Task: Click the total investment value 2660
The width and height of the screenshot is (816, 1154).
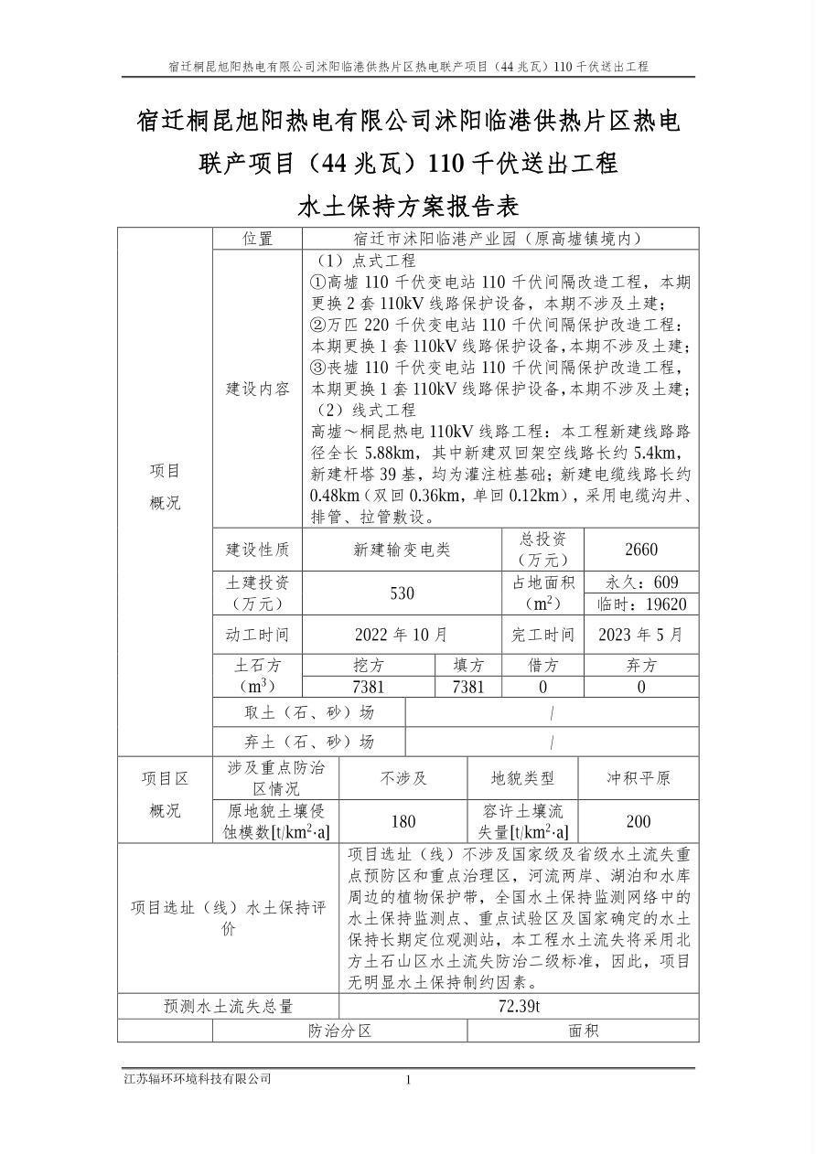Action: click(640, 550)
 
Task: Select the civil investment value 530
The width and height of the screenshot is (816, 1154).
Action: click(402, 593)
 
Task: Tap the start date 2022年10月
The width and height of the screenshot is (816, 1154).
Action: click(402, 635)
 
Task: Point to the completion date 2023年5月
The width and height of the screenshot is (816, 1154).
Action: click(640, 635)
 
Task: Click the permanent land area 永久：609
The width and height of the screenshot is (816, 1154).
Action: click(640, 582)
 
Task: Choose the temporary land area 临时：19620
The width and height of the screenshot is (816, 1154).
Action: click(640, 604)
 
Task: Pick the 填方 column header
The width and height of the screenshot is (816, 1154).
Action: click(468, 666)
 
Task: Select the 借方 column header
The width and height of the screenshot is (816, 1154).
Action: click(542, 666)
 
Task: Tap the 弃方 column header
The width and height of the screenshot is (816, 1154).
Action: click(640, 666)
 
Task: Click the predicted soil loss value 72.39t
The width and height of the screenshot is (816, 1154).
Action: click(519, 1007)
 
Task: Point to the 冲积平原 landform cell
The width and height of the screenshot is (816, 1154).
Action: click(639, 778)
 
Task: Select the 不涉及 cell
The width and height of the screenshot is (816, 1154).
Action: click(403, 778)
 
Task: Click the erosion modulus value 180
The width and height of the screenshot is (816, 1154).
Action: click(403, 821)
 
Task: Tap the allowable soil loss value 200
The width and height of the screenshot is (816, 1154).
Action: click(639, 821)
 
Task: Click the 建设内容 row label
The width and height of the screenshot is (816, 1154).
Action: click(257, 389)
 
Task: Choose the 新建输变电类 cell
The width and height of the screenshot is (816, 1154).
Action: click(402, 550)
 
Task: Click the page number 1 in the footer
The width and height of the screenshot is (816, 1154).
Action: click(408, 1080)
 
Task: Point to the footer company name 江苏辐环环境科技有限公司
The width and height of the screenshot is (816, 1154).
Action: click(198, 1079)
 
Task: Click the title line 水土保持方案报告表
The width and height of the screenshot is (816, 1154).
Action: click(408, 206)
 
